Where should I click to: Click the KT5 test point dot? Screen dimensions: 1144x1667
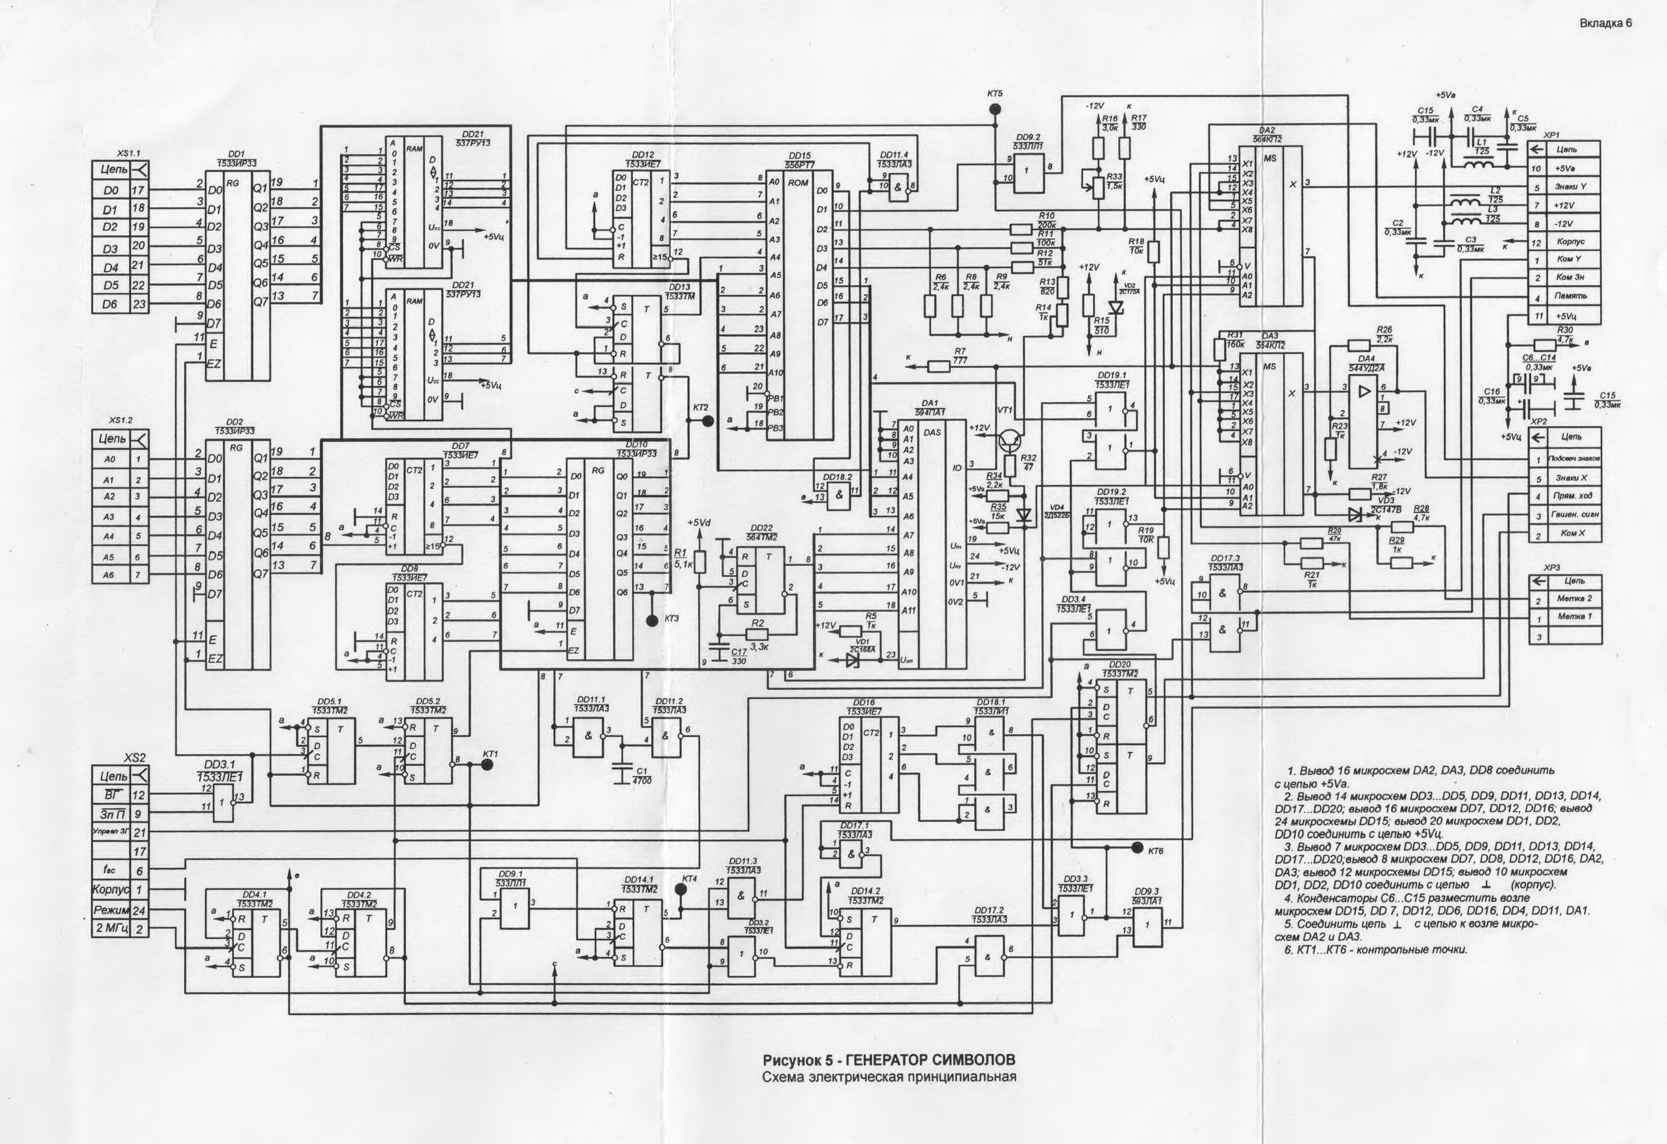click(994, 109)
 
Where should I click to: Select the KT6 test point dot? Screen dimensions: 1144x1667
click(1137, 847)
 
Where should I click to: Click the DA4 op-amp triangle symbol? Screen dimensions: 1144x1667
click(1363, 392)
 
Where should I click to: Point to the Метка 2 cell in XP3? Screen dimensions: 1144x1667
click(1574, 598)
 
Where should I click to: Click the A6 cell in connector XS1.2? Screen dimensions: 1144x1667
click(109, 575)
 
